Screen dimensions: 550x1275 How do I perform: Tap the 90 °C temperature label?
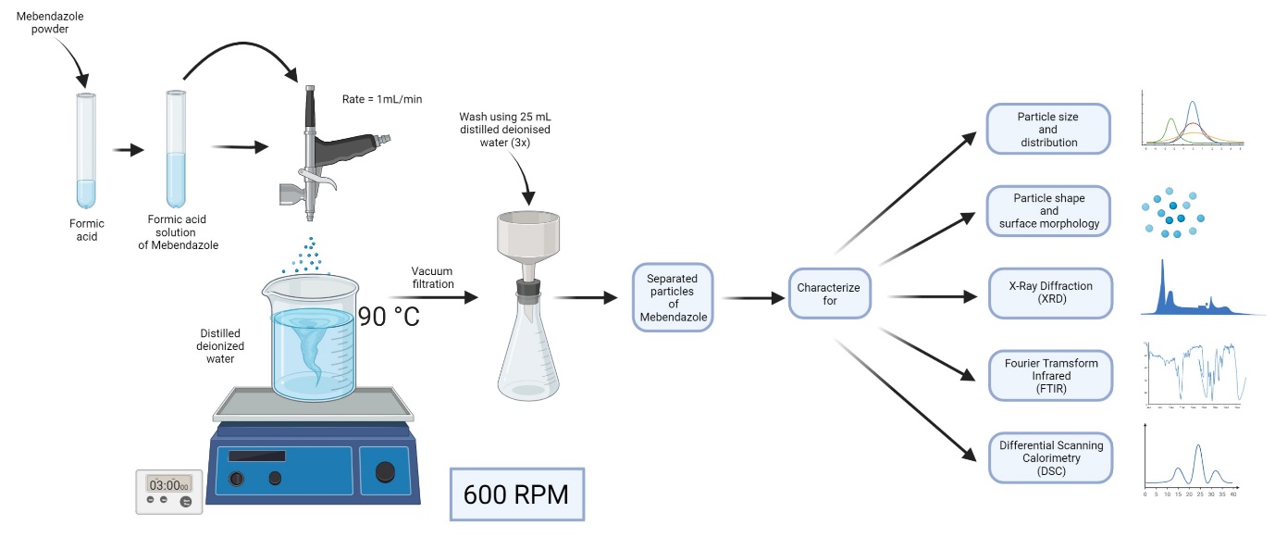coord(389,317)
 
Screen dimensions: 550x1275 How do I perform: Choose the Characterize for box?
coord(828,294)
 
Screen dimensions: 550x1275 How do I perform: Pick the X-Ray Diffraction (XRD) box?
coord(1050,293)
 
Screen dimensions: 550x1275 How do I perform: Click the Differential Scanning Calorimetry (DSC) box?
coord(1050,457)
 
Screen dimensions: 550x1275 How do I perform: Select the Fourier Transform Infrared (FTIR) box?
coord(1050,376)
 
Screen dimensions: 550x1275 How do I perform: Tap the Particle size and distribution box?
coord(1048,129)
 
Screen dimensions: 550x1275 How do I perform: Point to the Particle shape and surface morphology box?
coord(1048,210)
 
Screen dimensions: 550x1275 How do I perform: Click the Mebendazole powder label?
coord(42,21)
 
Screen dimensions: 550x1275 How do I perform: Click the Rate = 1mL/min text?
coord(382,98)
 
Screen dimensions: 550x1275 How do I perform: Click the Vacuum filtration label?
coord(433,277)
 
